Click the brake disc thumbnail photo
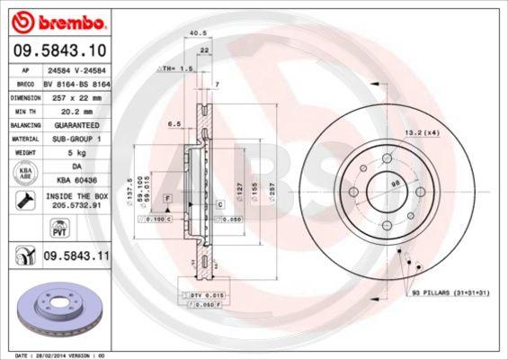tap(56, 311)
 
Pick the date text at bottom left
tap(56, 355)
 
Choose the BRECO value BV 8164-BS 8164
tap(75, 81)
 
